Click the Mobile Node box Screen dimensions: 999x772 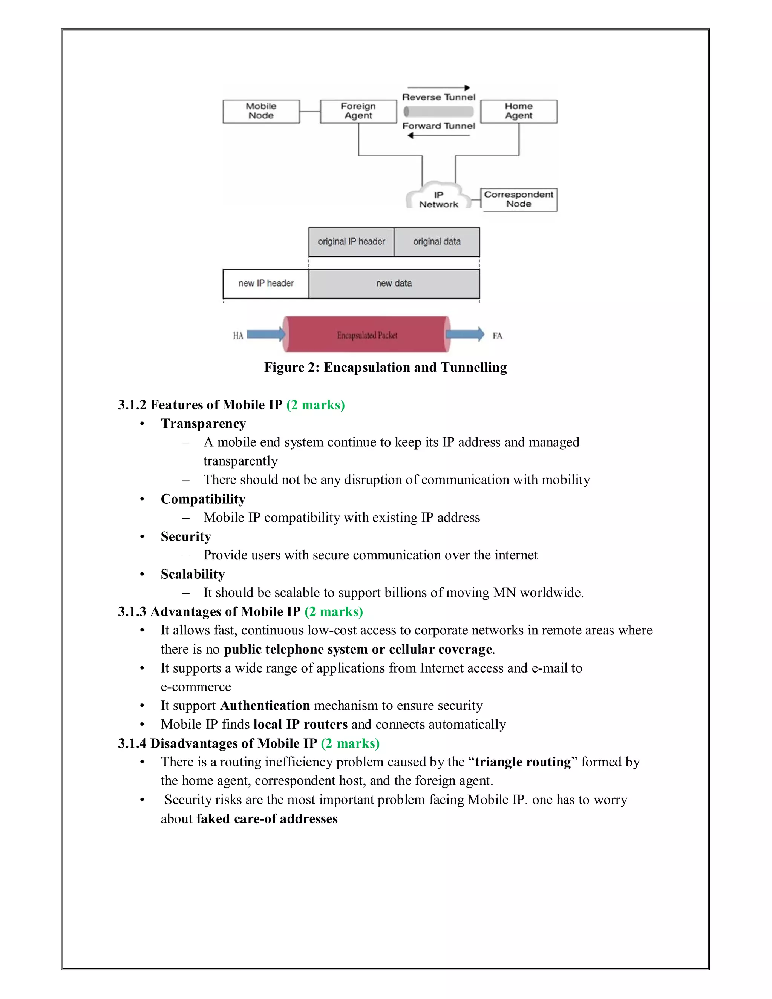(x=261, y=111)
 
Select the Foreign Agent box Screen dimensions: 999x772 (x=358, y=111)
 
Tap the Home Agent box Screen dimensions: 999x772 (x=519, y=111)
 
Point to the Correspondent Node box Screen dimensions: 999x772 (x=519, y=199)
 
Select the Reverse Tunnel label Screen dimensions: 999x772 (x=439, y=97)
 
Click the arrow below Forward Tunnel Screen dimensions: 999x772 (x=438, y=135)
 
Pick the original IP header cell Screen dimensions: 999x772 (x=351, y=242)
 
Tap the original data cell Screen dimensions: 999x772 (x=437, y=242)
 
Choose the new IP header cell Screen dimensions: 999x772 (x=266, y=283)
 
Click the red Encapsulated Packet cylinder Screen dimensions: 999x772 (x=367, y=335)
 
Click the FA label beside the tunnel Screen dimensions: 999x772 (x=497, y=336)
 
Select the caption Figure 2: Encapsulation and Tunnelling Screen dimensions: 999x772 (x=386, y=367)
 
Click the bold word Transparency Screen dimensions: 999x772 (x=204, y=424)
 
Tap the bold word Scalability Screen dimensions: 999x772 (x=193, y=574)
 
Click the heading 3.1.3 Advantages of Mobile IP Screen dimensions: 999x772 (x=209, y=611)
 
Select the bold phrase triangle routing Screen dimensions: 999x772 (x=523, y=762)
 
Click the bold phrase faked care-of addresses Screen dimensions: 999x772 (x=267, y=818)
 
